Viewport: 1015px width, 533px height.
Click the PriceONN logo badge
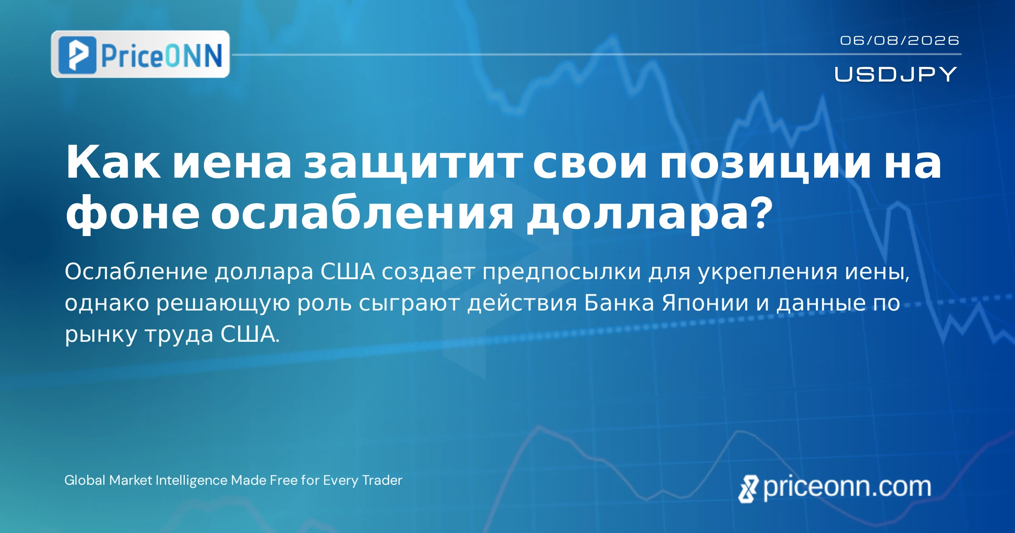coord(140,54)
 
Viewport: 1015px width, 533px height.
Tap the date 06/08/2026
coord(900,41)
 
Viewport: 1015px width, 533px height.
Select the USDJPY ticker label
coord(896,74)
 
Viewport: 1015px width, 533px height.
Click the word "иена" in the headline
coord(232,163)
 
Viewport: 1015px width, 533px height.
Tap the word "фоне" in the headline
coord(132,214)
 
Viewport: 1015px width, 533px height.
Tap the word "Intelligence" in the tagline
coord(192,481)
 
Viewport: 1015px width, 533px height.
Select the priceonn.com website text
coord(847,487)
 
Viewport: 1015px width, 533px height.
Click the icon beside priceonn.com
coord(749,489)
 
